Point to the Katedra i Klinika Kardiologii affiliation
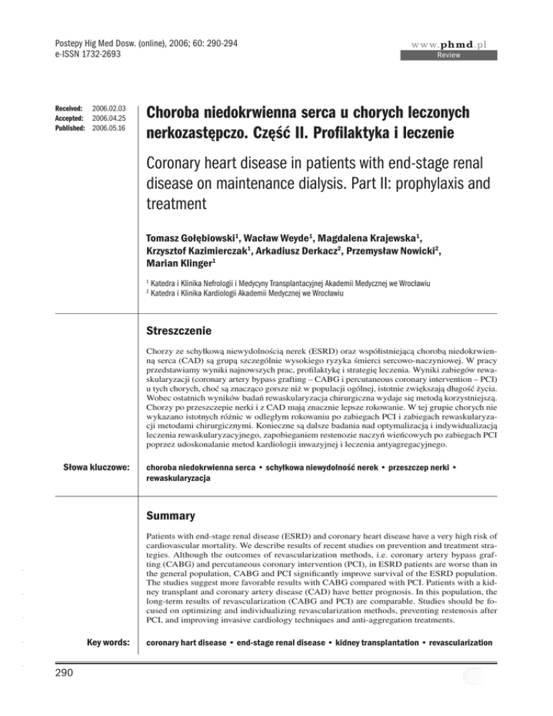click(x=258, y=321)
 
